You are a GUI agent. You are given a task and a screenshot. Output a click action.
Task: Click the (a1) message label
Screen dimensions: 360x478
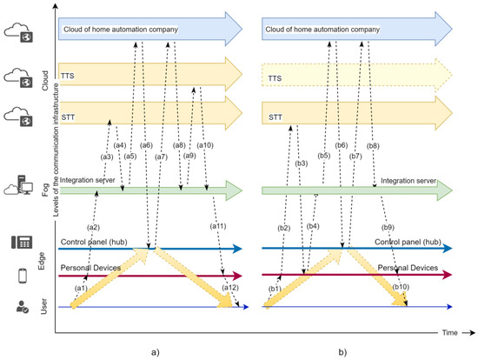82,287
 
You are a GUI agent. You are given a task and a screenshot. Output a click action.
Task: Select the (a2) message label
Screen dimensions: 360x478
94,227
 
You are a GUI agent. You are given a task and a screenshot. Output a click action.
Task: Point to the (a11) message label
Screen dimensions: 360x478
218,226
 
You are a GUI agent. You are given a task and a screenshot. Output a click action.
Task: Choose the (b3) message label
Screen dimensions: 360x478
302,163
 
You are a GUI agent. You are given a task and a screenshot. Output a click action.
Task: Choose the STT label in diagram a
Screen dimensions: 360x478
68,110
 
